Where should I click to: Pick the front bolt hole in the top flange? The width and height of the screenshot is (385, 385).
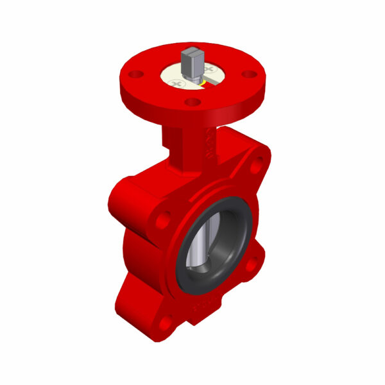point(192,101)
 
